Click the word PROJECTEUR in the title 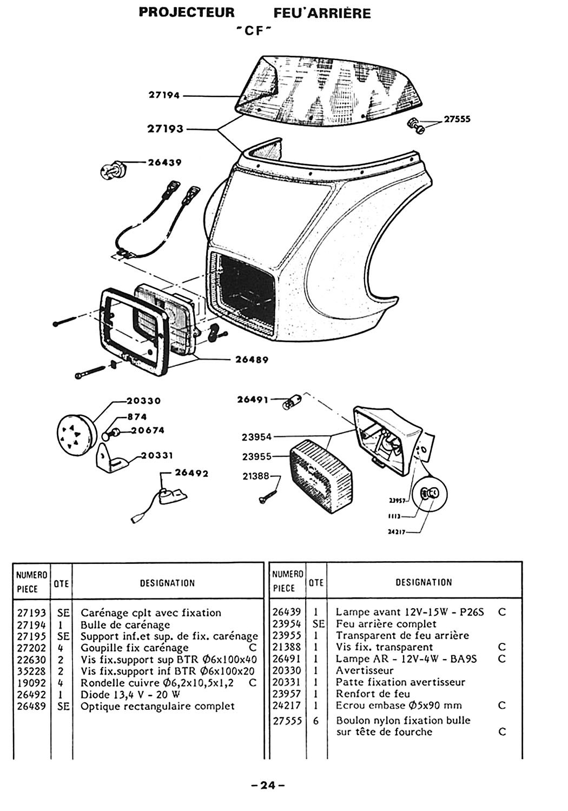pos(187,12)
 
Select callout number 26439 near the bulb pos(164,162)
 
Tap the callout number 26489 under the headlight pos(252,359)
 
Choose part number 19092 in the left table pos(31,683)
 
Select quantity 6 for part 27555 pos(315,721)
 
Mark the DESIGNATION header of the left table pos(167,583)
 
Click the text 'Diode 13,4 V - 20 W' pos(130,694)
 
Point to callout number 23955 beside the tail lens pos(256,456)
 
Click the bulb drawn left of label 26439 pos(113,171)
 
